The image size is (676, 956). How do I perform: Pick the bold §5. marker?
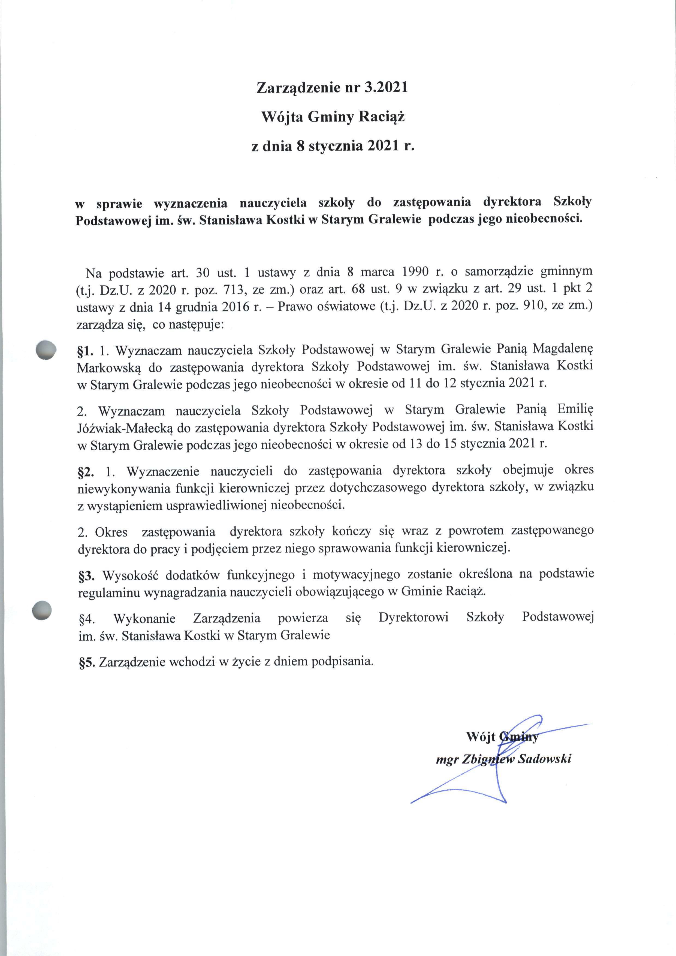tap(87, 662)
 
